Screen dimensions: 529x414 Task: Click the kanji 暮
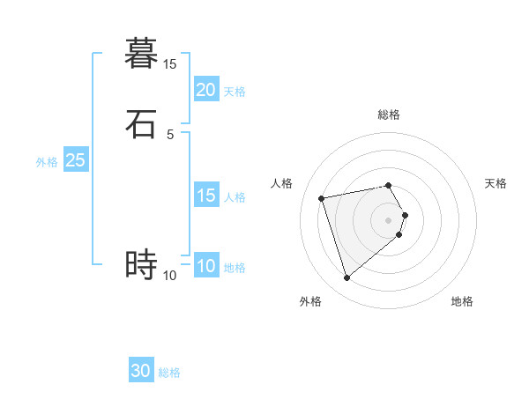tap(141, 54)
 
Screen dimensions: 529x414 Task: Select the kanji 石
tap(141, 124)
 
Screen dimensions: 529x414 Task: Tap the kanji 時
tap(141, 264)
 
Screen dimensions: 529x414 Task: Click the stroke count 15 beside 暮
tap(169, 64)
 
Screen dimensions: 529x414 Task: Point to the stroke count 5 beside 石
tap(169, 135)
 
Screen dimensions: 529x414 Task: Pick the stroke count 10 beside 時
tap(169, 276)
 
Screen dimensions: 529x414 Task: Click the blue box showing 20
tap(205, 90)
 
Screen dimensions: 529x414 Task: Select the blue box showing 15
tap(205, 196)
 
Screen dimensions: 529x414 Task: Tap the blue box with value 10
tap(205, 266)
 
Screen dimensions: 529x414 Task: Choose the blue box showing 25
tap(75, 160)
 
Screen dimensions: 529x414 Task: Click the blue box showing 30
tap(141, 371)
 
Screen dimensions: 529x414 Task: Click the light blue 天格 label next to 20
tap(235, 92)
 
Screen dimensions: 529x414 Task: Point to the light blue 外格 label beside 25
tap(47, 162)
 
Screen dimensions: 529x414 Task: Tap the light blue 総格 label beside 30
tap(169, 373)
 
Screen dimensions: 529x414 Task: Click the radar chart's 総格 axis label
tap(389, 115)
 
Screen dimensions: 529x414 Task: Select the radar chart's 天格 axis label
tap(495, 183)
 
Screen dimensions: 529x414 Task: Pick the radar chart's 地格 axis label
tap(462, 302)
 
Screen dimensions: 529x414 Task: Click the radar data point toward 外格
tap(346, 278)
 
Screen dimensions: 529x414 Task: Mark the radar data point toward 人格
tap(322, 197)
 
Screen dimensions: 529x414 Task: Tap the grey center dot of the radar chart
tap(389, 219)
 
